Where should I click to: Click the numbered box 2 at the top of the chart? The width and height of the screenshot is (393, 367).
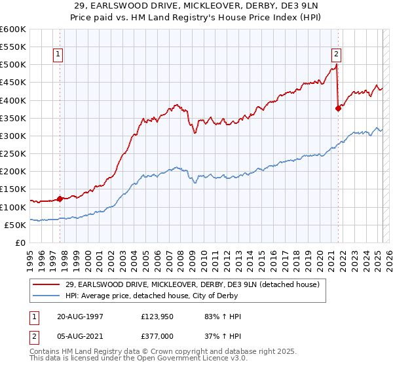coord(336,55)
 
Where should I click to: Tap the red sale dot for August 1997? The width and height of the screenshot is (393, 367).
coord(60,199)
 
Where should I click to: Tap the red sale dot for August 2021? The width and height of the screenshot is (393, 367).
coord(338,109)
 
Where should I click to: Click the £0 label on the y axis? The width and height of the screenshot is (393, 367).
coord(21,242)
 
